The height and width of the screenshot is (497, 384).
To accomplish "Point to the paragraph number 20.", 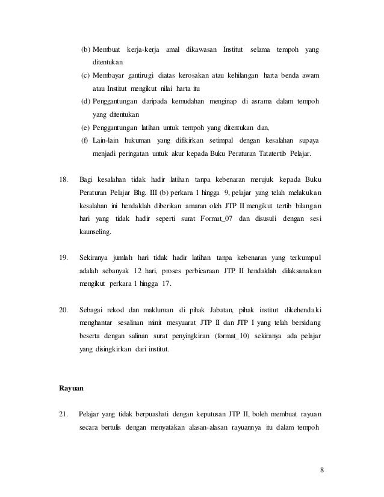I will coord(61,310).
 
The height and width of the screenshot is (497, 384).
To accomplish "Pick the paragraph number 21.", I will coord(61,414).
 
